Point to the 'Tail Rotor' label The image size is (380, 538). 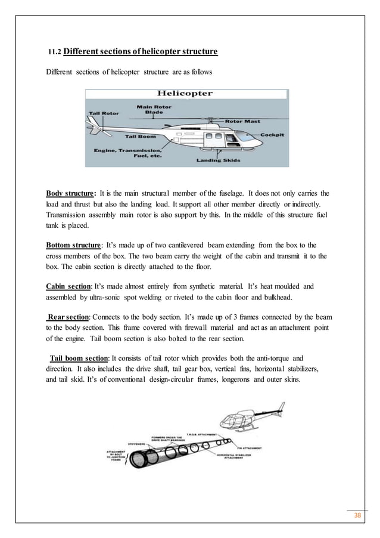pyautogui.click(x=103, y=112)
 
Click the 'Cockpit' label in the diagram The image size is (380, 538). pyautogui.click(x=272, y=135)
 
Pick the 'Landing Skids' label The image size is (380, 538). pyautogui.click(x=217, y=160)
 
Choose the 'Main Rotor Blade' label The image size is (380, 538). pyautogui.click(x=154, y=110)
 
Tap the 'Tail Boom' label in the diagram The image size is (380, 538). pyautogui.click(x=141, y=136)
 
